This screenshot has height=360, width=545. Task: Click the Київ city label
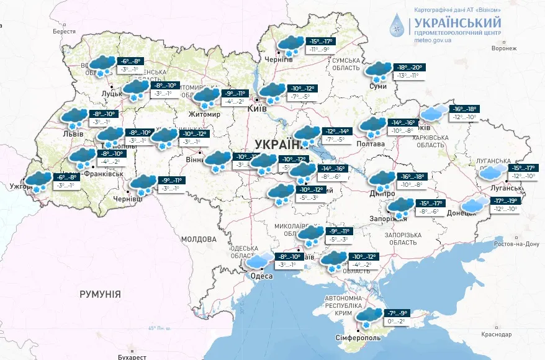[x=256, y=109]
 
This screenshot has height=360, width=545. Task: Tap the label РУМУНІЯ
[x=100, y=294]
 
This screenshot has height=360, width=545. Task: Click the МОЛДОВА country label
[x=198, y=238]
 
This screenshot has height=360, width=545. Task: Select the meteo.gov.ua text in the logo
[x=432, y=40]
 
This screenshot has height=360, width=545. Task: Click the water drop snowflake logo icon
[x=396, y=25]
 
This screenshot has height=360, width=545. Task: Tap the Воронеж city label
[x=503, y=48]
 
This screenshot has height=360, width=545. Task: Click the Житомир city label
[x=205, y=114]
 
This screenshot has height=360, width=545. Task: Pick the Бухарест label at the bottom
[x=131, y=357]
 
